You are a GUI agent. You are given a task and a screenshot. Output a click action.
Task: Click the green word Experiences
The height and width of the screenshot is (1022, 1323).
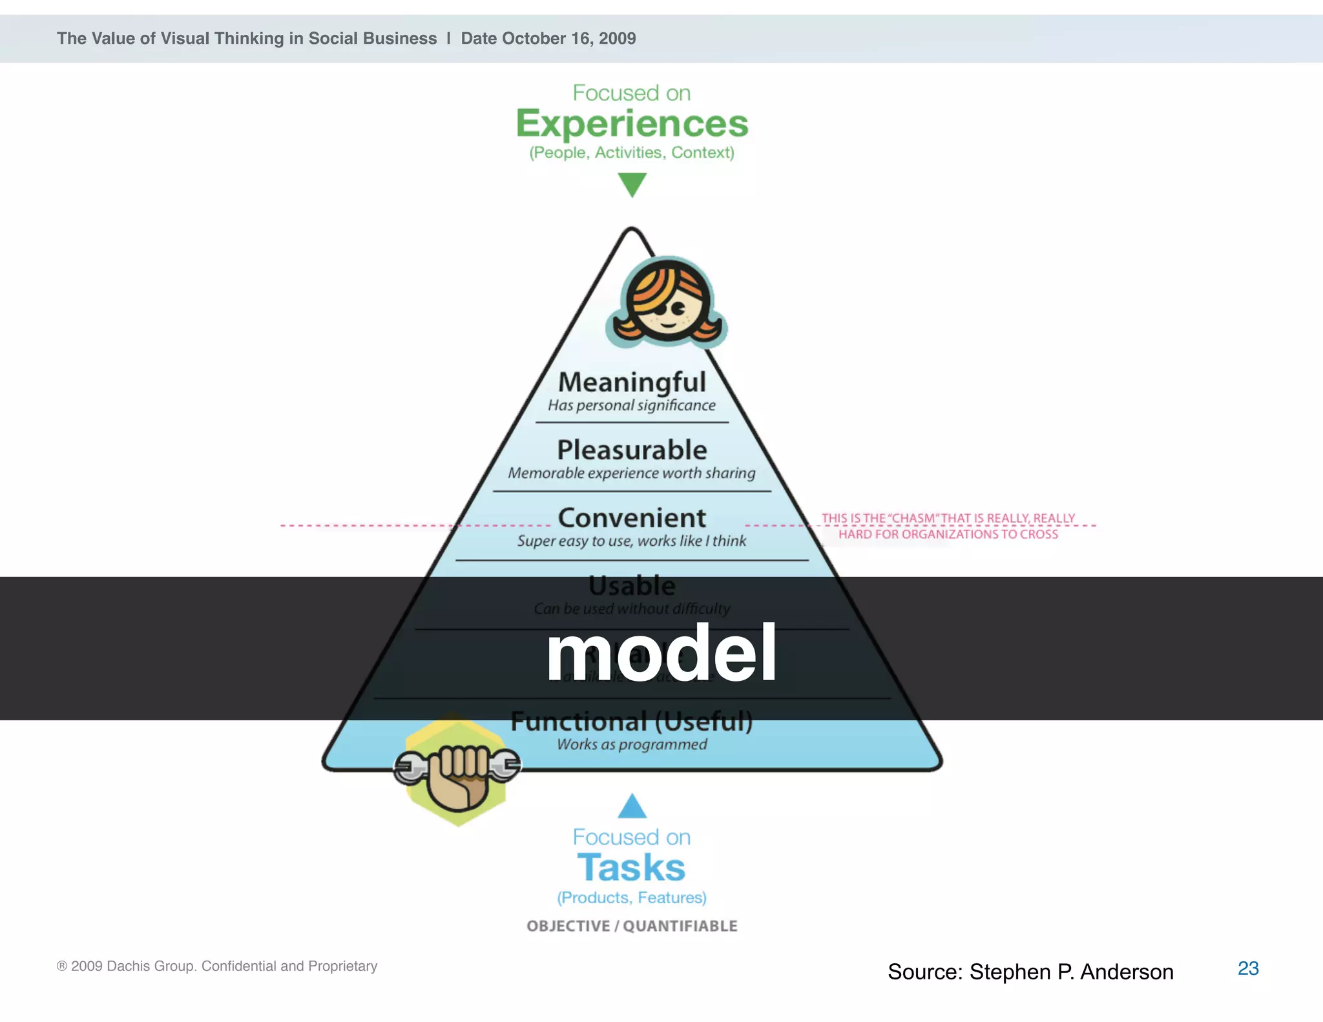632,124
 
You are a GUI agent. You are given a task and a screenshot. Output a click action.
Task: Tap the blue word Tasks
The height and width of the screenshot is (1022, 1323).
631,868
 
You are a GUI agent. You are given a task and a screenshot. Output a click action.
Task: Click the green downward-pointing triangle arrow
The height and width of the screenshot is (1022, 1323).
632,183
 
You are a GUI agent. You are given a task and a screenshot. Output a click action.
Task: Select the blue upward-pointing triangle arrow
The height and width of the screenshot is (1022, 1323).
632,807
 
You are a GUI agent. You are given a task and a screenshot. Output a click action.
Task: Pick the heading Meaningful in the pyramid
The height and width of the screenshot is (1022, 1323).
632,382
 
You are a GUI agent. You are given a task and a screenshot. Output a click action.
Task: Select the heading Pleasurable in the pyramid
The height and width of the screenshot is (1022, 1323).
632,450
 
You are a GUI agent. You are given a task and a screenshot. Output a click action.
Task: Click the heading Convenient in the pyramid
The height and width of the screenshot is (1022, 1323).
632,518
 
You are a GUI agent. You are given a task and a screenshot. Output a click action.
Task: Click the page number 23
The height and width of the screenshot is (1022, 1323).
1247,968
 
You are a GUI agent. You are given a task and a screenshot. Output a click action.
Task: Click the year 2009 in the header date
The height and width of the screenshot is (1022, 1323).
617,39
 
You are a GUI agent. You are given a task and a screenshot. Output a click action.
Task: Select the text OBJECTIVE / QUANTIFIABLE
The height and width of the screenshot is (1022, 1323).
632,926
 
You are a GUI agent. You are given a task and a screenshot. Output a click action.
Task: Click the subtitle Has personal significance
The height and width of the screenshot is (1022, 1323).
632,406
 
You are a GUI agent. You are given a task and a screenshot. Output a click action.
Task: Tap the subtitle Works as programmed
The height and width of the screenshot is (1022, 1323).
632,745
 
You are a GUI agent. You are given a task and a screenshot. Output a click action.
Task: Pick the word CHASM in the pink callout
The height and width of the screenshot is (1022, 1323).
913,518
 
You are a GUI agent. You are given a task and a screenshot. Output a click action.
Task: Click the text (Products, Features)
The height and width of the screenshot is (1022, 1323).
632,897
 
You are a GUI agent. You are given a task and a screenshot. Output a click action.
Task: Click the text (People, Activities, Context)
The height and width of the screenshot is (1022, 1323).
632,152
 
